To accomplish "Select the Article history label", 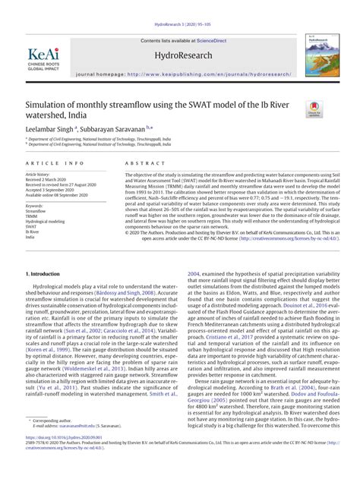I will click(x=39, y=173).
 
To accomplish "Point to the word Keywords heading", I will click(x=35, y=205).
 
